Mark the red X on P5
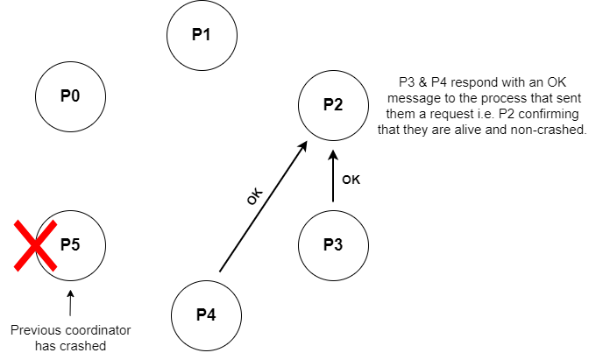click(x=35, y=246)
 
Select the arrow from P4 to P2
click(x=263, y=207)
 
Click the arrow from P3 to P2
click(x=333, y=176)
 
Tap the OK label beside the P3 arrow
click(x=351, y=180)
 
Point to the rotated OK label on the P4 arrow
click(x=254, y=196)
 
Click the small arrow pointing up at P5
click(x=70, y=303)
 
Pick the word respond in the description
click(x=472, y=83)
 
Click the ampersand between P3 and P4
click(x=422, y=82)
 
